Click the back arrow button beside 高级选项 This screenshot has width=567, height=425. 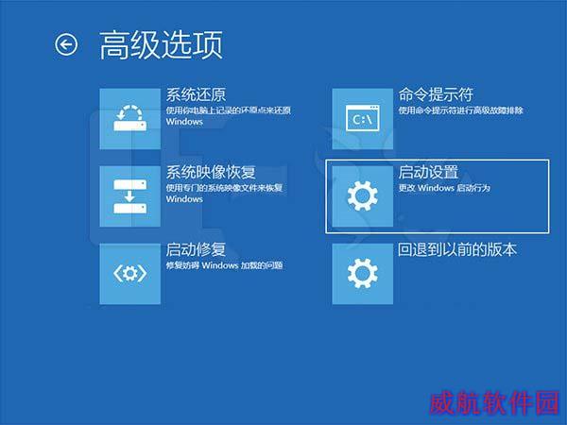66,44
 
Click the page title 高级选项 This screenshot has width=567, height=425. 161,44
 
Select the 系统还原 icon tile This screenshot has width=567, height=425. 130,119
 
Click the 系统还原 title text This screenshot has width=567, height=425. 196,94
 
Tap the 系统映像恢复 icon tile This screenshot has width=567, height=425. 130,196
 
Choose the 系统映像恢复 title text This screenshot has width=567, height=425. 211,172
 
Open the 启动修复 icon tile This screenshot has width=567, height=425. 130,274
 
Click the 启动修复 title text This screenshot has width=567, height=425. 196,249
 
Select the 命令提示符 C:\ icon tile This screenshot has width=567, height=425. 362,119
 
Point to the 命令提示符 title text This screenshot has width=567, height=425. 436,94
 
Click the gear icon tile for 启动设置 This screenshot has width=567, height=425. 362,196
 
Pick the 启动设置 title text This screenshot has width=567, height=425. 428,172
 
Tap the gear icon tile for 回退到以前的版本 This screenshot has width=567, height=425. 362,274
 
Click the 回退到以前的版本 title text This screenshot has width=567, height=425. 457,249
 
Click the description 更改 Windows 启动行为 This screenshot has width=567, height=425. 444,188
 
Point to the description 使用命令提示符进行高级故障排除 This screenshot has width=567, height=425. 461,110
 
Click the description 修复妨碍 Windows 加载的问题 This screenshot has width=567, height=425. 225,265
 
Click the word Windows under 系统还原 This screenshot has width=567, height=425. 184,122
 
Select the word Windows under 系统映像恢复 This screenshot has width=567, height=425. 184,199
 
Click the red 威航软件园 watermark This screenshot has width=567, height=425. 494,402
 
